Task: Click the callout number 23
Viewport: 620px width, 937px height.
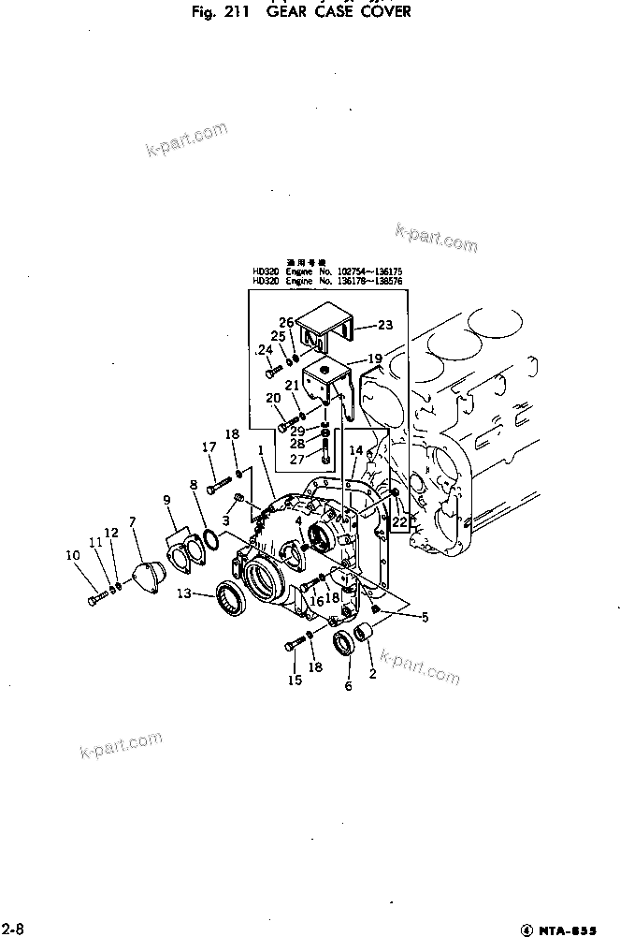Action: click(385, 325)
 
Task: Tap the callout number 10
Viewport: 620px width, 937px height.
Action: click(72, 555)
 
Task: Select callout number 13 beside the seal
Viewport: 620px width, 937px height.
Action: click(184, 593)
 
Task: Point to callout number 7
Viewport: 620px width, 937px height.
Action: click(133, 520)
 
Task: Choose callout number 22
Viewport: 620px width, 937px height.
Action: click(400, 521)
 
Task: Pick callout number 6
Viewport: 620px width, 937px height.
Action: click(348, 686)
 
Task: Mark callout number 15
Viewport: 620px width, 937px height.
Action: click(295, 681)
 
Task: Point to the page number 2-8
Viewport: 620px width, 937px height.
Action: click(11, 927)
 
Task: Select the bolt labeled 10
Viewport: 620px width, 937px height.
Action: click(96, 595)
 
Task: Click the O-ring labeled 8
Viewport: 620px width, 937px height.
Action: click(211, 540)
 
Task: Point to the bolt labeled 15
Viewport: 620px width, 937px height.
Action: click(296, 645)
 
